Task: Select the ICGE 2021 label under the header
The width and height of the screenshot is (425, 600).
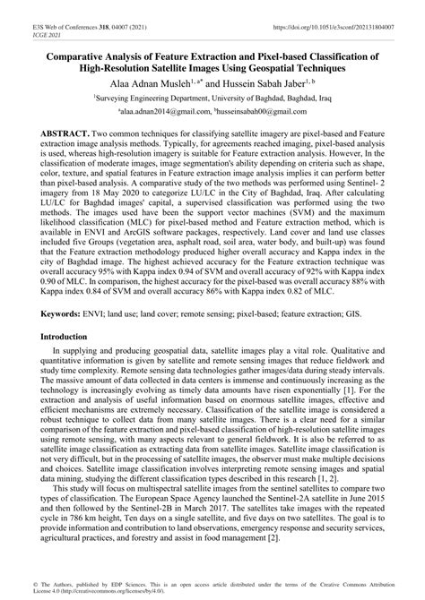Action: coord(23,16)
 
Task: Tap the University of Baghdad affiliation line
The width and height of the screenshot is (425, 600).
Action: coord(212,101)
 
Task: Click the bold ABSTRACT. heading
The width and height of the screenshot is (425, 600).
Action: coord(62,132)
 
